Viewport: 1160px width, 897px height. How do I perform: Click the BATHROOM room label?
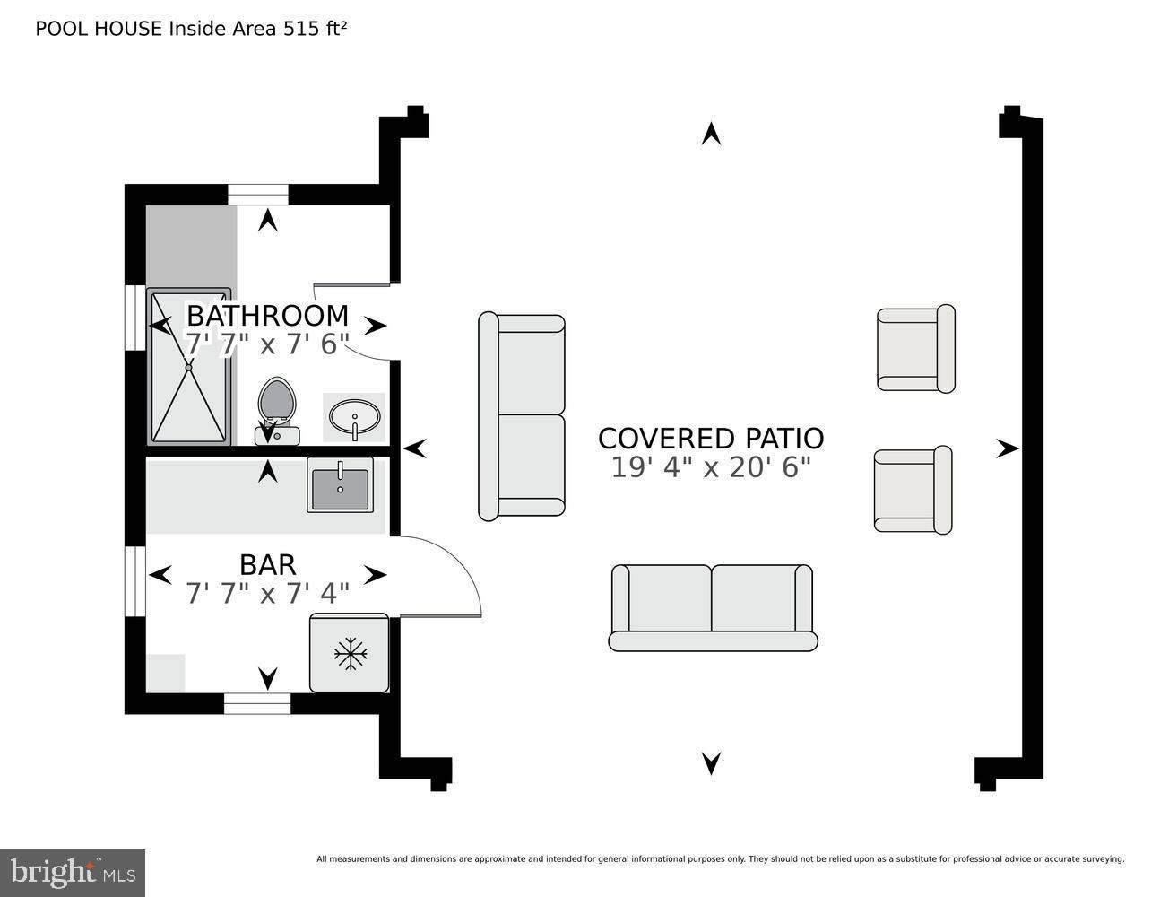pyautogui.click(x=267, y=316)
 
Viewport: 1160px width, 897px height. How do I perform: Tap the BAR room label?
pyautogui.click(x=267, y=564)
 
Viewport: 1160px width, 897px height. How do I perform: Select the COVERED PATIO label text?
pyautogui.click(x=710, y=439)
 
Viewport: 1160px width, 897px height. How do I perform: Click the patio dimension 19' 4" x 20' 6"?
pyautogui.click(x=710, y=467)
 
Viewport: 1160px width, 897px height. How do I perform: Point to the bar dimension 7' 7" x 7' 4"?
pyautogui.click(x=267, y=594)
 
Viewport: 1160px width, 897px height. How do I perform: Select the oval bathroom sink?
pyautogui.click(x=354, y=417)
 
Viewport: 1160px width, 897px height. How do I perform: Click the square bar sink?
pyautogui.click(x=340, y=485)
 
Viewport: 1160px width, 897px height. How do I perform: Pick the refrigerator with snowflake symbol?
pyautogui.click(x=350, y=653)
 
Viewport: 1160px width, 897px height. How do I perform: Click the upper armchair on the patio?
pyautogui.click(x=915, y=349)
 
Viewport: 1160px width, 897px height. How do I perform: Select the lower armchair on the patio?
pyautogui.click(x=913, y=491)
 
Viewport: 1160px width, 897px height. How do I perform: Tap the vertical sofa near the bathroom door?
pyautogui.click(x=522, y=416)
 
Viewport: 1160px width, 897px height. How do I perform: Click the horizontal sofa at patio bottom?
pyautogui.click(x=713, y=607)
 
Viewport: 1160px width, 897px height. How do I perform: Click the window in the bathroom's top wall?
pyautogui.click(x=257, y=194)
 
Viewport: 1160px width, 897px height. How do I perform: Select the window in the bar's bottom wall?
pyautogui.click(x=257, y=703)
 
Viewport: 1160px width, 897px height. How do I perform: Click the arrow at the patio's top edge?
pyautogui.click(x=711, y=134)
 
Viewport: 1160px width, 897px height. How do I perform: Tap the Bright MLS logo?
pyautogui.click(x=73, y=872)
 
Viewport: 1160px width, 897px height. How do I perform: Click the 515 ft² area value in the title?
pyautogui.click(x=315, y=29)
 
